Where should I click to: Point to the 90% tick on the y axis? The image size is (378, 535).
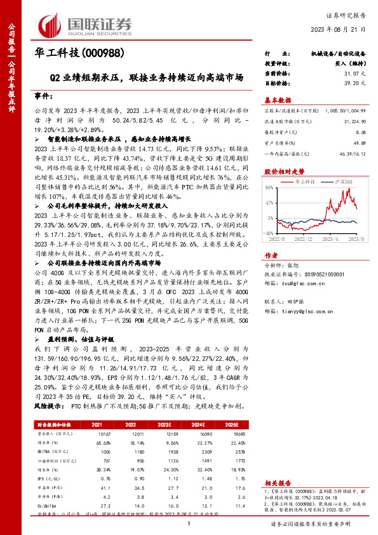pos(271,187)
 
